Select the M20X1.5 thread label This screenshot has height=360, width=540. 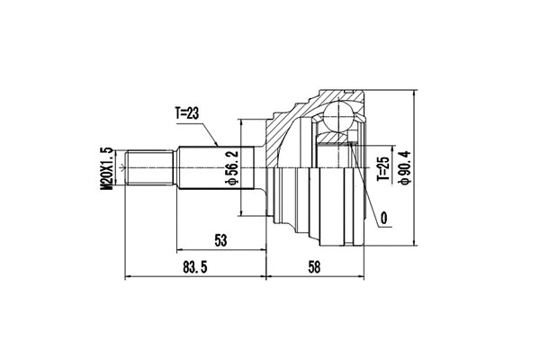pos(106,168)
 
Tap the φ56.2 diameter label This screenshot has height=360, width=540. pos(230,167)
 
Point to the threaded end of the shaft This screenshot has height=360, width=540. pos(148,168)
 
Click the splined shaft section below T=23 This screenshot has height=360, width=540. pos(202,168)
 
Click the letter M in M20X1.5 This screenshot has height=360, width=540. pos(106,187)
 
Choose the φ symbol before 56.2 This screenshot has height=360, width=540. pos(230,184)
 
